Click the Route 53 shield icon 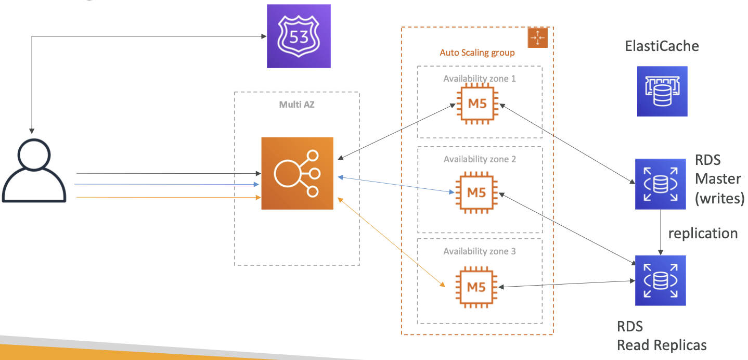click(x=299, y=36)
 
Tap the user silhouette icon click(x=34, y=170)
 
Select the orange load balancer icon click(x=297, y=173)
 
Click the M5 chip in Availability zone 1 click(x=478, y=104)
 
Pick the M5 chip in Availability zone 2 click(x=476, y=192)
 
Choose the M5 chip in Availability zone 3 click(x=476, y=287)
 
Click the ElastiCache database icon click(x=662, y=91)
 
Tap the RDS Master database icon click(x=661, y=184)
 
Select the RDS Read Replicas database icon click(x=661, y=280)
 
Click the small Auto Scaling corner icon click(x=538, y=38)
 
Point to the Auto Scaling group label click(x=477, y=53)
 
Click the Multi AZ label click(x=297, y=105)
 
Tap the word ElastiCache click(x=662, y=46)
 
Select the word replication click(x=703, y=234)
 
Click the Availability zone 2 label click(x=480, y=159)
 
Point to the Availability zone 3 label click(x=480, y=251)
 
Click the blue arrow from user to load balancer click(x=166, y=184)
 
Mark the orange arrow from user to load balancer click(x=169, y=197)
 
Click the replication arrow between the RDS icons click(x=661, y=233)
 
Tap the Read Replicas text click(x=662, y=345)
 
